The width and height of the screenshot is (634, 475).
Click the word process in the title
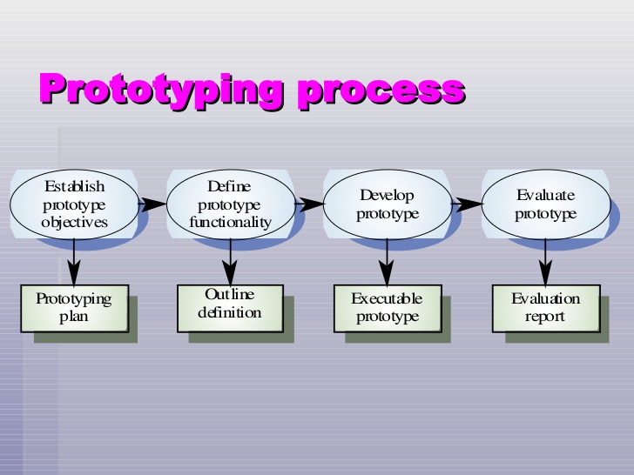(381, 90)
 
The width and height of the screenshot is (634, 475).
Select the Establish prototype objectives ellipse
(74, 204)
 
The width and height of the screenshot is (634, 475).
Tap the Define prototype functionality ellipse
(230, 204)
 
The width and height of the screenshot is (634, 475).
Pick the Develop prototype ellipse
(387, 204)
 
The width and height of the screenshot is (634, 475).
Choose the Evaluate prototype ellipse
(545, 204)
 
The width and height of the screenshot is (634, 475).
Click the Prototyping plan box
(74, 308)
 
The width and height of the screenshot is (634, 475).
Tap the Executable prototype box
(387, 308)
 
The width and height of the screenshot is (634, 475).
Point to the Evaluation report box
(545, 308)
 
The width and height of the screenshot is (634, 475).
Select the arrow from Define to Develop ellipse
(308, 204)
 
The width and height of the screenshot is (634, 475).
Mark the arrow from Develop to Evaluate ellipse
(466, 204)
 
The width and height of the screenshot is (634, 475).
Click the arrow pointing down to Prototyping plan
(74, 261)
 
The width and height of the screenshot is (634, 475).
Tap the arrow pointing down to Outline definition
(230, 261)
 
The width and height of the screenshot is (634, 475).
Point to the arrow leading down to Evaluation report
(545, 261)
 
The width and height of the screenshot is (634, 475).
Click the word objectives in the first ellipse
(74, 223)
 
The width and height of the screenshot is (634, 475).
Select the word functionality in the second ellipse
(230, 223)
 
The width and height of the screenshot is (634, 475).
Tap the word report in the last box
(545, 317)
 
